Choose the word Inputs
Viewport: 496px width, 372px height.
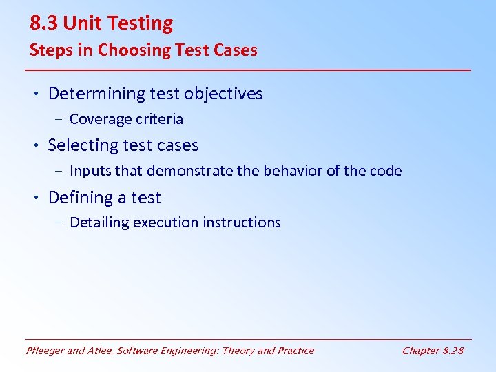point(90,171)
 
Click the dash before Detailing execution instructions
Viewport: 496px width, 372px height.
point(59,223)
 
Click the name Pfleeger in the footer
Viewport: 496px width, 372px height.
point(46,351)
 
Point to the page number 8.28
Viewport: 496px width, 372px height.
point(453,351)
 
